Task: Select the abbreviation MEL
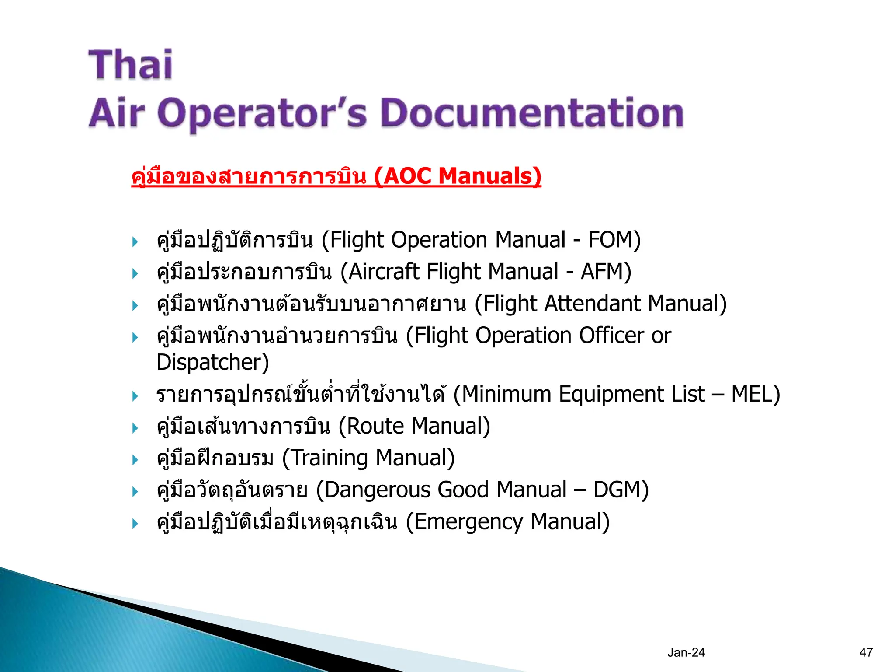[x=751, y=394]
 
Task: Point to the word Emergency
[x=468, y=522]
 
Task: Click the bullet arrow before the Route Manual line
[x=135, y=428]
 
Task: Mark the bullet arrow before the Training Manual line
[x=135, y=460]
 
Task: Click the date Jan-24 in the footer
[x=686, y=652]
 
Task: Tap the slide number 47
[x=866, y=652]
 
